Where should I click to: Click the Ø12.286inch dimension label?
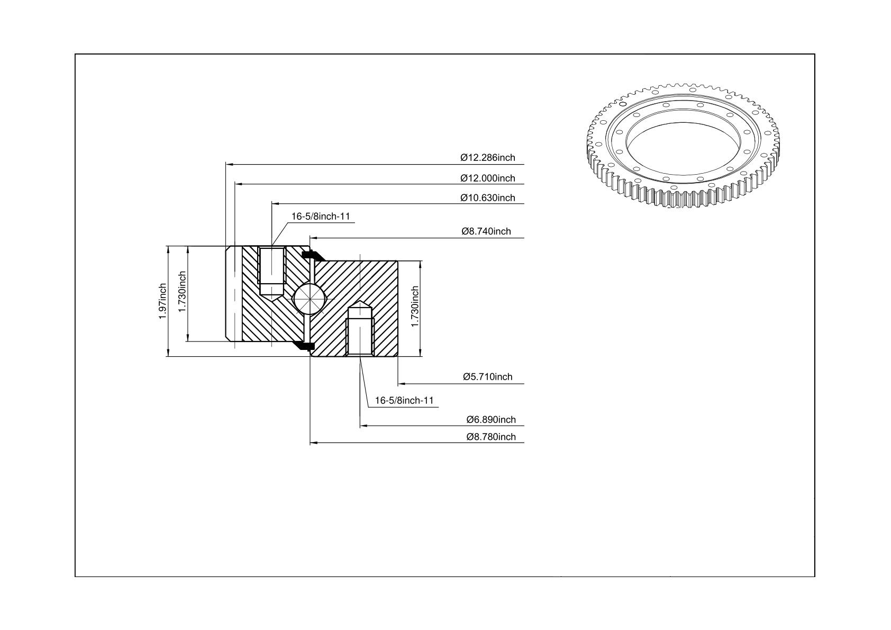coord(488,158)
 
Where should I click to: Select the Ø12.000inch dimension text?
coord(488,178)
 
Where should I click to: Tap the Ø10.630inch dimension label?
coord(488,198)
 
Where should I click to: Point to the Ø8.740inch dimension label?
coord(486,231)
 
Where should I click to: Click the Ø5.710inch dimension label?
coord(488,376)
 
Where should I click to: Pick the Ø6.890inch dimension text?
coord(491,419)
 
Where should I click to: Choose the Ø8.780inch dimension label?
coord(491,437)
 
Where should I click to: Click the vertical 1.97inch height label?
coord(162,301)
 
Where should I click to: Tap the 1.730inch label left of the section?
coord(182,292)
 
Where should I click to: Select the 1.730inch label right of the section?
coord(415,307)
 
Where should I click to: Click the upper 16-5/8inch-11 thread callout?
coord(321,217)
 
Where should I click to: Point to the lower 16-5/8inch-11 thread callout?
coord(404,400)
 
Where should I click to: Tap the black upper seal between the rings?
coord(313,255)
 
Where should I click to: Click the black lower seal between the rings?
coord(304,346)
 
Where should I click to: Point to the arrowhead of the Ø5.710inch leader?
coord(402,384)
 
